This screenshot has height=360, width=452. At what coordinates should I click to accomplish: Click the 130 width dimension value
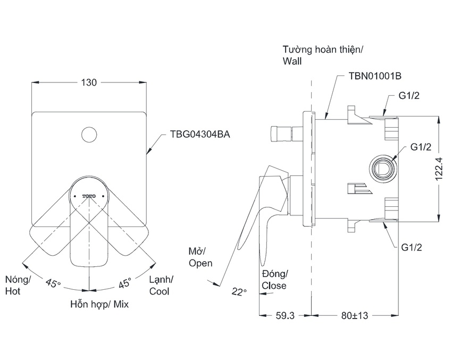89,82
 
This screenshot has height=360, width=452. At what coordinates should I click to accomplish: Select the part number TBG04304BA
199,135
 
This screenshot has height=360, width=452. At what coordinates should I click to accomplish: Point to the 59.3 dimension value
285,315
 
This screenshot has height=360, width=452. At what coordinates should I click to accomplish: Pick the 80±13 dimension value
355,315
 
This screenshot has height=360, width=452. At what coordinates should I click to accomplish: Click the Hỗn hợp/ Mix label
99,305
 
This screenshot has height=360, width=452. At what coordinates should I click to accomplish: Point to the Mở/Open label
200,256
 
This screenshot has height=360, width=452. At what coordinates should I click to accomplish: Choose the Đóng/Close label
274,279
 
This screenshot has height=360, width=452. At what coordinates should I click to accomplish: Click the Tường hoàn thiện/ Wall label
323,55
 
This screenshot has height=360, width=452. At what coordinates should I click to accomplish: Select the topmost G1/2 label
410,96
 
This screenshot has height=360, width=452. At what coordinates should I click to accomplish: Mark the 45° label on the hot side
53,283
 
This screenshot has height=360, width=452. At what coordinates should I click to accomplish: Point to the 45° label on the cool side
124,283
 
